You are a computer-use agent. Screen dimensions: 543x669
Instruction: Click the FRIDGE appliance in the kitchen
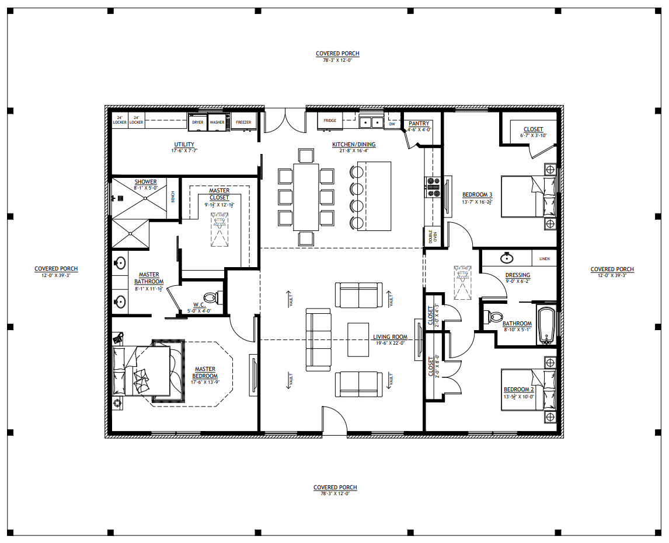pyautogui.click(x=330, y=121)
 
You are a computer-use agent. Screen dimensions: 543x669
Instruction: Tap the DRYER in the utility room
pyautogui.click(x=197, y=122)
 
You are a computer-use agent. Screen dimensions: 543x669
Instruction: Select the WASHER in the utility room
pyautogui.click(x=217, y=122)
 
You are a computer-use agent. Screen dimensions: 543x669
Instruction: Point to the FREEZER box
pyautogui.click(x=243, y=122)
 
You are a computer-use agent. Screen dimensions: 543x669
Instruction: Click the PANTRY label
pyautogui.click(x=419, y=124)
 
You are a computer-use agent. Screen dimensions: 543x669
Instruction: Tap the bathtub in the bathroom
pyautogui.click(x=547, y=324)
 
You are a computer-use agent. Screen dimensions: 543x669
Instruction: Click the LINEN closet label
pyautogui.click(x=544, y=258)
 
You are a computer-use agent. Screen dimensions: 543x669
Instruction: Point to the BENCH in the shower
pyautogui.click(x=173, y=197)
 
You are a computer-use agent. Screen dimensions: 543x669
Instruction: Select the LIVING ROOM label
pyautogui.click(x=391, y=337)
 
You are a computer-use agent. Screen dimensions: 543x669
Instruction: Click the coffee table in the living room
pyautogui.click(x=359, y=339)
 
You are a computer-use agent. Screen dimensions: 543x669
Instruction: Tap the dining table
pyautogui.click(x=306, y=197)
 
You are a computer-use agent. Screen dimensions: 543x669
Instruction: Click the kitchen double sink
pyautogui.click(x=371, y=122)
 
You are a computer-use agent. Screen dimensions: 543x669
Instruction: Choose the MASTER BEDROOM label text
pyautogui.click(x=205, y=373)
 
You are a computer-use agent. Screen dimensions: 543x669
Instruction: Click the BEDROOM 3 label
pyautogui.click(x=477, y=195)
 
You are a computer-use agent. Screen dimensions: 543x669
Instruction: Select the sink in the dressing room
pyautogui.click(x=506, y=257)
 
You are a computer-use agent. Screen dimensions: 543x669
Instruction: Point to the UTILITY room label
pyautogui.click(x=184, y=145)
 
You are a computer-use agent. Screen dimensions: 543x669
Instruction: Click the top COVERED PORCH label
pyautogui.click(x=337, y=54)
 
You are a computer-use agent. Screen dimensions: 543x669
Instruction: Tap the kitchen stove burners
pyautogui.click(x=433, y=187)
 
